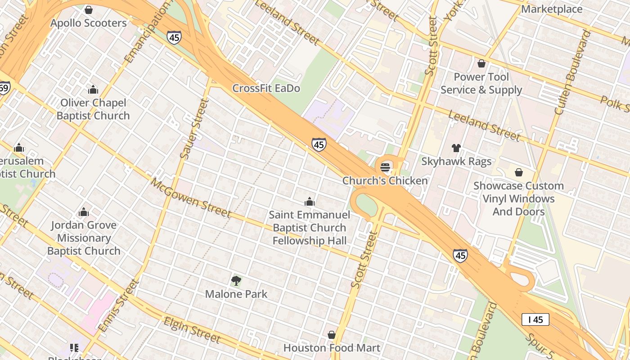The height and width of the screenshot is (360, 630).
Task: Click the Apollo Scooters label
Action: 89,23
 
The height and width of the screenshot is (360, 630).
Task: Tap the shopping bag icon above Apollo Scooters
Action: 89,10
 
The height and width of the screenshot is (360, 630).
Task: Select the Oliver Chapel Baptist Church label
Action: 93,109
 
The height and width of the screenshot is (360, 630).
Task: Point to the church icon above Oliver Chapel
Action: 93,90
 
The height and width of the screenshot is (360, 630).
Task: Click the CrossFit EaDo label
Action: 266,88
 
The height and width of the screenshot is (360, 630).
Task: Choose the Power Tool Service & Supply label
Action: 481,83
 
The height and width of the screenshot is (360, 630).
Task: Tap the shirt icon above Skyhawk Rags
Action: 456,148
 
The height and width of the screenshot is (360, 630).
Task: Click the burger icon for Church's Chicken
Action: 385,167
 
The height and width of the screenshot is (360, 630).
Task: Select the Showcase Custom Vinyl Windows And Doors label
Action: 518,198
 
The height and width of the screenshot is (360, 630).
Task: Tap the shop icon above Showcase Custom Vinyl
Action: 518,172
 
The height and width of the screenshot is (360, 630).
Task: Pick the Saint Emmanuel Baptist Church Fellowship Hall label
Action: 310,228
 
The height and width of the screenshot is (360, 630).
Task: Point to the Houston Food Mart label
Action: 332,348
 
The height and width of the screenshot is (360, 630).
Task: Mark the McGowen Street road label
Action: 190,198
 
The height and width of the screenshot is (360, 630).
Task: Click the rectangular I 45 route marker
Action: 535,319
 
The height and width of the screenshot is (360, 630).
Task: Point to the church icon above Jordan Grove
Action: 84,212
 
